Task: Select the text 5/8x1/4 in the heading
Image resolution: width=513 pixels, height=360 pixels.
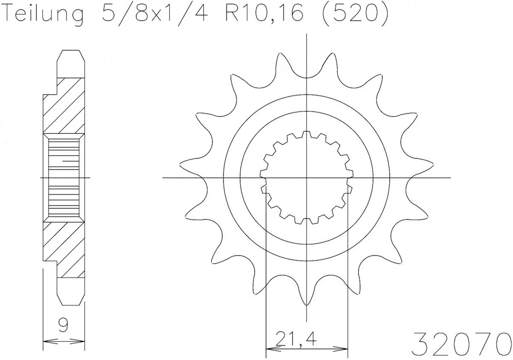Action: (x=154, y=13)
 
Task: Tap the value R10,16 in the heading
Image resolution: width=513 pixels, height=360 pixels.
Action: (x=265, y=14)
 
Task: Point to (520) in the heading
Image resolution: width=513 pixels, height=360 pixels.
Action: (x=355, y=14)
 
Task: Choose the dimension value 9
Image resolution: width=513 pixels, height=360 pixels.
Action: (x=64, y=326)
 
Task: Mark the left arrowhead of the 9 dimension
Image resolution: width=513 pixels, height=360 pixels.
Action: (x=50, y=342)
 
